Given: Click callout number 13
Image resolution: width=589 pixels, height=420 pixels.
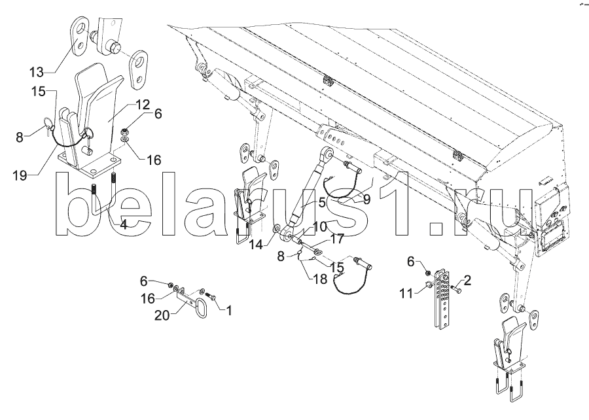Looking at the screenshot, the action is (x=37, y=72).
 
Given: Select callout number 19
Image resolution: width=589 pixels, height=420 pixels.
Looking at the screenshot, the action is (x=20, y=175).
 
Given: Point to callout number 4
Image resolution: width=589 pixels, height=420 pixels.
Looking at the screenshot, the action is (x=123, y=224).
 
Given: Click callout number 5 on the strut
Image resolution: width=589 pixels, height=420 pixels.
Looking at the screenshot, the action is (x=322, y=203).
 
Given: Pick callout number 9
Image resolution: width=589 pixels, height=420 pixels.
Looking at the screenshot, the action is (x=366, y=200).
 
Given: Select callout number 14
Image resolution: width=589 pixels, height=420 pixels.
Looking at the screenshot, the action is (x=257, y=244).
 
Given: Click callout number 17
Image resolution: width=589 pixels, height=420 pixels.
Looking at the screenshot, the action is (x=337, y=239).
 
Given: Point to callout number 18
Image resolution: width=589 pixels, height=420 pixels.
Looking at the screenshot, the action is (x=320, y=279).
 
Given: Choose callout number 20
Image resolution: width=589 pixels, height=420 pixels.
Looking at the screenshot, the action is (x=162, y=316).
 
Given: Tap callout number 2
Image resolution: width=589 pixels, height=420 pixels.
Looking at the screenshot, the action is (x=467, y=281).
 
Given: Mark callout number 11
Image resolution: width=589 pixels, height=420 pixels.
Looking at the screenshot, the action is (x=406, y=294).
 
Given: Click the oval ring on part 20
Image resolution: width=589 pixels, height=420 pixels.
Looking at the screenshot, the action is (x=201, y=308).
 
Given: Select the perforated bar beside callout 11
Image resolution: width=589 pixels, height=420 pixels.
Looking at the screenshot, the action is (x=441, y=301).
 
